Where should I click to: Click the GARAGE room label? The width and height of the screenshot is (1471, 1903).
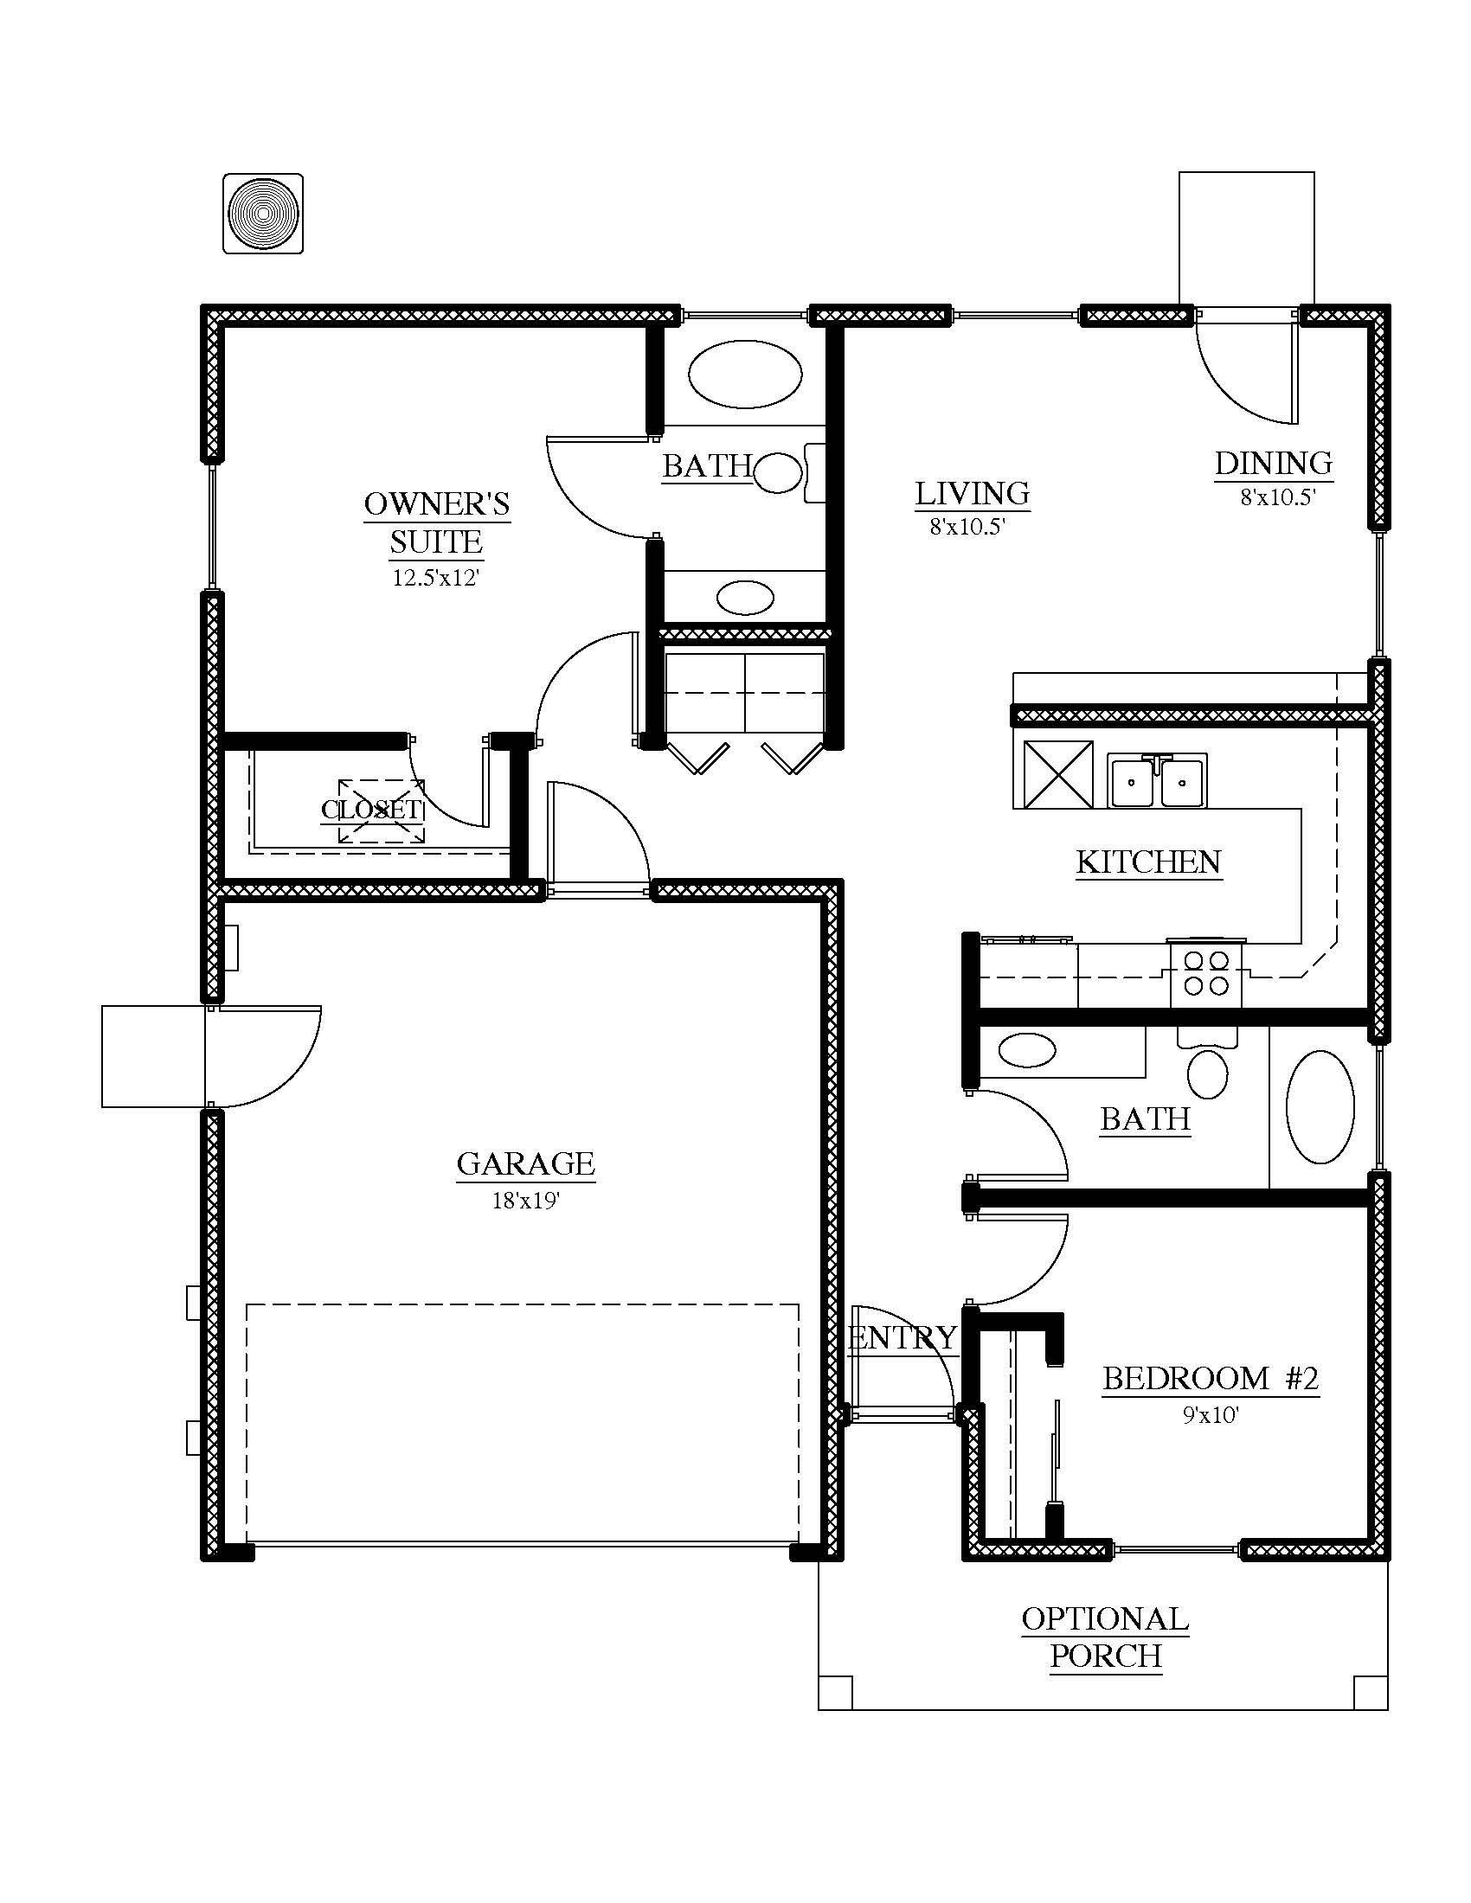click(x=525, y=1163)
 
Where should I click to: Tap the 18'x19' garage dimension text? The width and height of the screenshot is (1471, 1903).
click(x=525, y=1201)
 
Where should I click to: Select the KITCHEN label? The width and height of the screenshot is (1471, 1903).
click(x=1148, y=862)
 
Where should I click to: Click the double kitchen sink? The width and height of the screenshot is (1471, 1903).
click(x=1157, y=781)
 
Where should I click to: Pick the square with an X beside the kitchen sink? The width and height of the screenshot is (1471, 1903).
click(x=1058, y=774)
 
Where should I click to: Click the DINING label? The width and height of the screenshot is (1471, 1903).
click(x=1274, y=463)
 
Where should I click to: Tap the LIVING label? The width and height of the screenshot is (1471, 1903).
click(x=973, y=493)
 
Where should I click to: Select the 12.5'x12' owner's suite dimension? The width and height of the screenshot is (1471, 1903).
click(x=437, y=578)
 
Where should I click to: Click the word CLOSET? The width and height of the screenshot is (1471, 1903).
click(x=372, y=810)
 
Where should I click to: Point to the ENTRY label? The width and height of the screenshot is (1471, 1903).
click(x=903, y=1337)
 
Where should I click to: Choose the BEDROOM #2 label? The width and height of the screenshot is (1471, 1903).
click(x=1211, y=1379)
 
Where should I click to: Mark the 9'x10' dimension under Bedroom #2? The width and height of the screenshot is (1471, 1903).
click(x=1211, y=1416)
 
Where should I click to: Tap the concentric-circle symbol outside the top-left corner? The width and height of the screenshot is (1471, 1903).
click(x=263, y=214)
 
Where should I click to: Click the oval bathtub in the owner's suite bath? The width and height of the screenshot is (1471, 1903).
click(x=745, y=373)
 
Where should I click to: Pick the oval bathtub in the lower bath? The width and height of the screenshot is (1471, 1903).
click(x=1321, y=1106)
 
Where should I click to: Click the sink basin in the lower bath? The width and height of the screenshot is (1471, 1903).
click(x=1027, y=1049)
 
